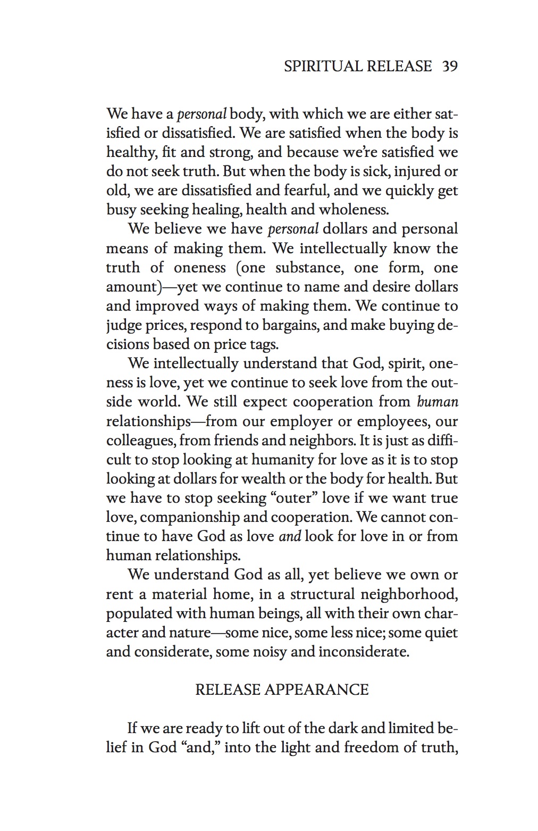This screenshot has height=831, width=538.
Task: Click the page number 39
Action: pos(450,67)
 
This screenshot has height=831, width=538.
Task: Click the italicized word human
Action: pos(438,402)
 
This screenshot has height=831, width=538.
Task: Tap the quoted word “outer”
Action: pos(275,498)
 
